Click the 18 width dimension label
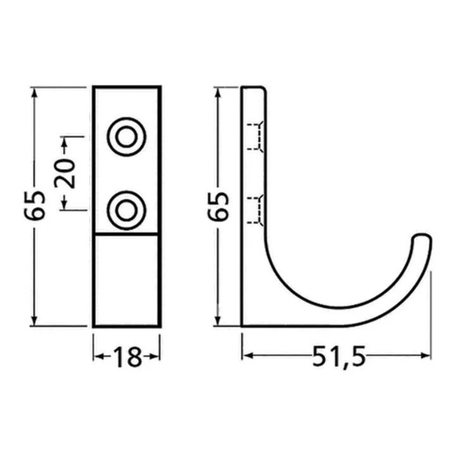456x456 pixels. coord(127,357)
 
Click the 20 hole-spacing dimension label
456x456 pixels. coord(65,174)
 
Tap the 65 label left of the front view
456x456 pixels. coord(35,205)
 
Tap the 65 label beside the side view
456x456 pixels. coord(218,206)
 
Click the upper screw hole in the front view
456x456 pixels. coord(127,137)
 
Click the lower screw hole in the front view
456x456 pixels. coord(127,210)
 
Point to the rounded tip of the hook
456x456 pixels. coord(422,236)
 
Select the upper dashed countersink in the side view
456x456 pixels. coord(255,137)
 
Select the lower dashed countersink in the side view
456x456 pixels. coord(255,210)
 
